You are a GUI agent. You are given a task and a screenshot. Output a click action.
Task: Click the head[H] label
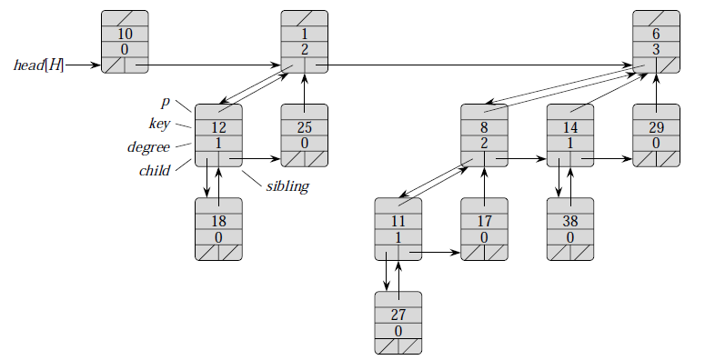tap(38, 65)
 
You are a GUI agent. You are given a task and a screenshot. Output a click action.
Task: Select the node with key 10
tap(125, 42)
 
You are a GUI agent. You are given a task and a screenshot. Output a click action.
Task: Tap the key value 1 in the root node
tap(305, 34)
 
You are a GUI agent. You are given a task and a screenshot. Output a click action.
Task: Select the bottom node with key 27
tap(398, 323)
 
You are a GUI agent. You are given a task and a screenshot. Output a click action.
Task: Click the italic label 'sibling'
tap(287, 187)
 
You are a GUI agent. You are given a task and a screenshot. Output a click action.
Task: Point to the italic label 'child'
tap(154, 170)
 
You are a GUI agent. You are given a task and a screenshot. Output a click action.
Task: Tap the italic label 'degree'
tap(148, 146)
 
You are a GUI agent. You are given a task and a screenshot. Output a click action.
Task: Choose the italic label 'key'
tap(159, 124)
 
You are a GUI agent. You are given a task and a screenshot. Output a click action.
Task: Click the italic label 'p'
tap(165, 103)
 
